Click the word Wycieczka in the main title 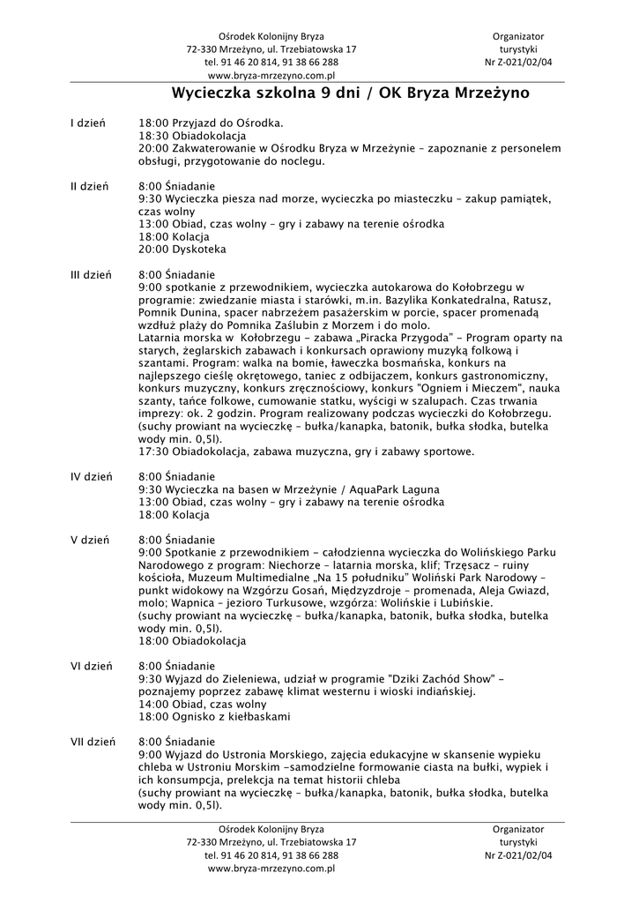212,92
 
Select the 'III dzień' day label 90,274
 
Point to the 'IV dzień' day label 91,476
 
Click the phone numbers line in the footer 271,855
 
